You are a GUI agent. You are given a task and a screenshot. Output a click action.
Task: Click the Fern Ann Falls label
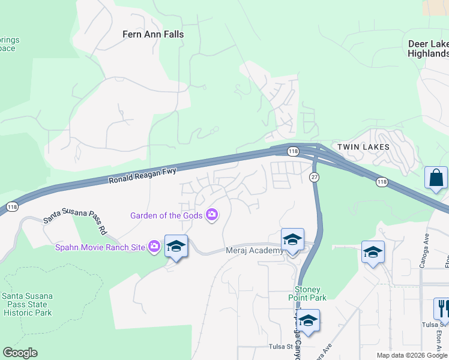153,34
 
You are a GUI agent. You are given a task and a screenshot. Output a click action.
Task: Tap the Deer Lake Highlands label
428,49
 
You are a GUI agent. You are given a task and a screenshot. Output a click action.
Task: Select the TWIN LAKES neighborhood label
363,147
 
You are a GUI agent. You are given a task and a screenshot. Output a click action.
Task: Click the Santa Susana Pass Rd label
74,226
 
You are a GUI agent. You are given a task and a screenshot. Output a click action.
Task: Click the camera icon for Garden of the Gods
211,214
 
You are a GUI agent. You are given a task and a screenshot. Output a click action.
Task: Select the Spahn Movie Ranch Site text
100,247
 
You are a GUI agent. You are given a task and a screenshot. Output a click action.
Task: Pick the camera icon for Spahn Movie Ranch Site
154,246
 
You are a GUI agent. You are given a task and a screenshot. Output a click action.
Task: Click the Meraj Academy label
254,251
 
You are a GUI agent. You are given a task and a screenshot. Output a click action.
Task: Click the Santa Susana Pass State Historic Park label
27,304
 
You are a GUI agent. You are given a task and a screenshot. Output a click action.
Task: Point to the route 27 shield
314,177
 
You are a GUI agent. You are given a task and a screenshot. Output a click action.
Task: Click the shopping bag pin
436,178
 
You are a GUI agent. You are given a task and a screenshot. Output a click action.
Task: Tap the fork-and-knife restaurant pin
442,308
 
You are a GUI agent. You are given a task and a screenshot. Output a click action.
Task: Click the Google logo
20,353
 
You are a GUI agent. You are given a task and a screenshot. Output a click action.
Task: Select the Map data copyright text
412,355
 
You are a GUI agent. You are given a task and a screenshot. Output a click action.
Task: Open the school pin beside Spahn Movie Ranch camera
176,247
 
